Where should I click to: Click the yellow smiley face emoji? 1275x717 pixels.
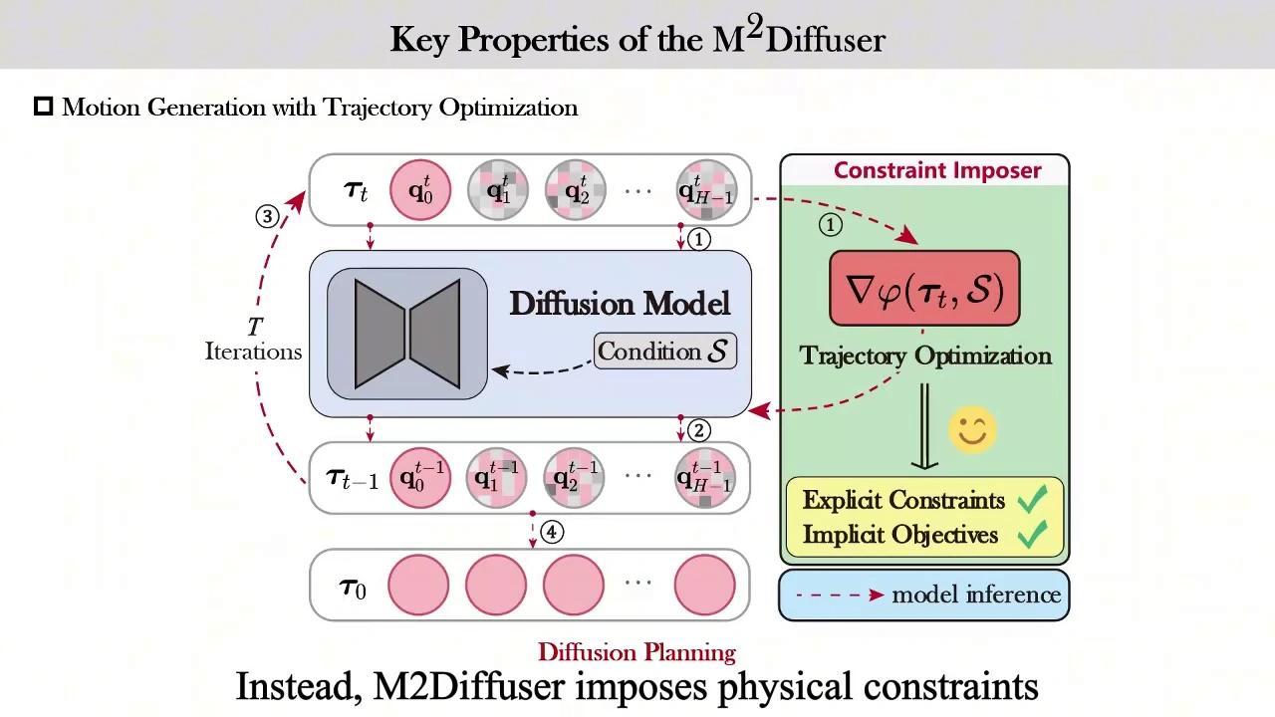972,430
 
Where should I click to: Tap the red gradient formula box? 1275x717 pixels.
924,289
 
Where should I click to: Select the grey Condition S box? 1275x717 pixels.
665,352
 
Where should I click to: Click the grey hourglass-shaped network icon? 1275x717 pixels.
407,334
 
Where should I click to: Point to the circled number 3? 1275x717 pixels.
267,216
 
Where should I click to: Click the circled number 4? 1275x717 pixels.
551,532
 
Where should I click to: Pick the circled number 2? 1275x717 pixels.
699,430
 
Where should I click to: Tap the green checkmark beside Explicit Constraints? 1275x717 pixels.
1033,501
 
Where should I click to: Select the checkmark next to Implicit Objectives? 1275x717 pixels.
1033,536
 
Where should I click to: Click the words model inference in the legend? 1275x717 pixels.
975,596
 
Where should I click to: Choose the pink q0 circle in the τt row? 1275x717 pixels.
419,190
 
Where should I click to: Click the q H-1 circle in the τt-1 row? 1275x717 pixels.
705,478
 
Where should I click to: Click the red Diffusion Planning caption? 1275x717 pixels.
637,653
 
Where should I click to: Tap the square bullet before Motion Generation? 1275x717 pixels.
44,107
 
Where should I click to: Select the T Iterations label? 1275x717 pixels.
253,340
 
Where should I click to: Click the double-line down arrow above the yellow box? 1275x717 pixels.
923,426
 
